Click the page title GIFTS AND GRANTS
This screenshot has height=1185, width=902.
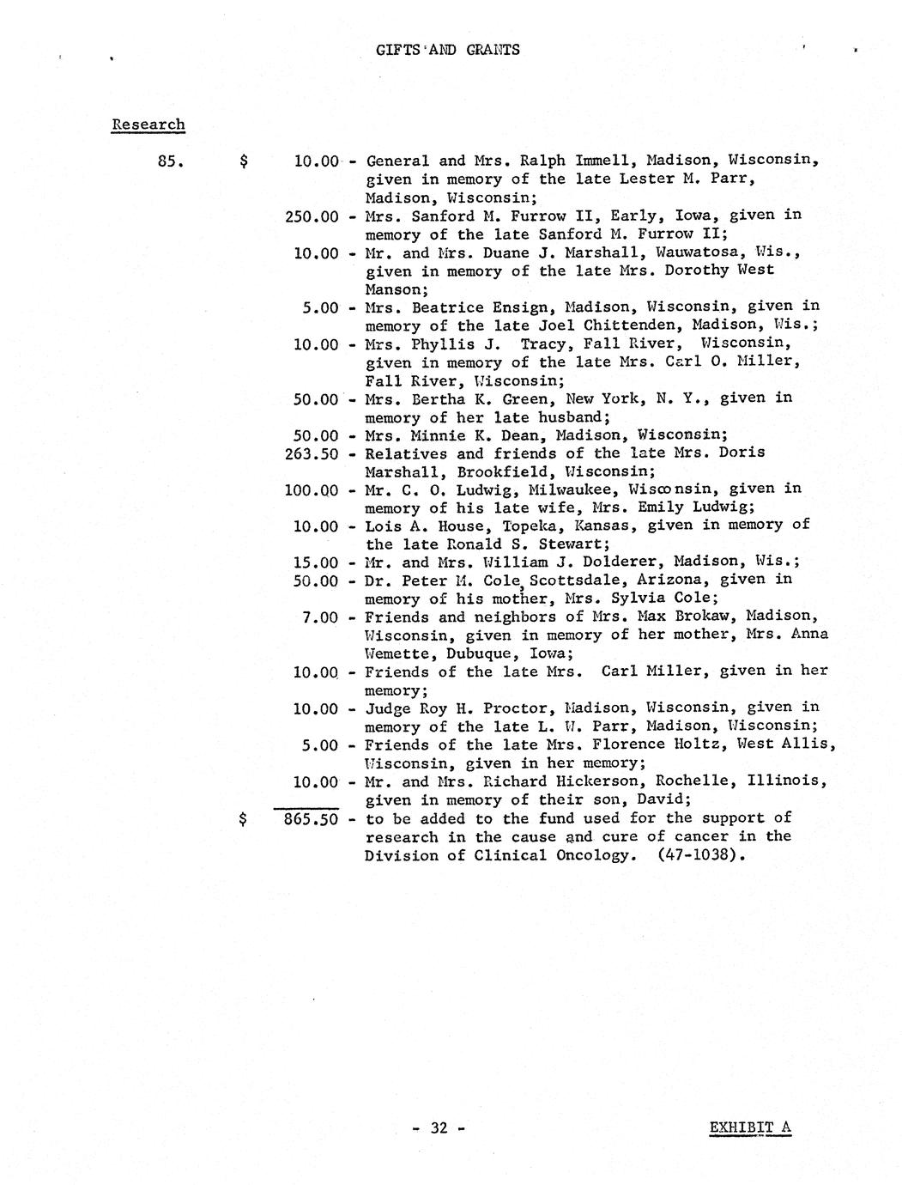pyautogui.click(x=447, y=49)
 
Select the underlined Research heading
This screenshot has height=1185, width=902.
pyautogui.click(x=148, y=125)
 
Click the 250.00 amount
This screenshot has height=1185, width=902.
pyautogui.click(x=312, y=216)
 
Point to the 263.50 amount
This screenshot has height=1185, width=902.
pyautogui.click(x=312, y=453)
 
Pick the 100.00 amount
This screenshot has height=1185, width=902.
pyautogui.click(x=312, y=490)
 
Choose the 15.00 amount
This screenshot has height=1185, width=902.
pyautogui.click(x=316, y=562)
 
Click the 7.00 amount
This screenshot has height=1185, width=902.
pyautogui.click(x=320, y=617)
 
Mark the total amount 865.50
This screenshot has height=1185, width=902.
pyautogui.click(x=312, y=819)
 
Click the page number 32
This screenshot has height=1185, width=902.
pyautogui.click(x=439, y=1128)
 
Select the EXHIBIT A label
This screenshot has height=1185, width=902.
pyautogui.click(x=750, y=1127)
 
